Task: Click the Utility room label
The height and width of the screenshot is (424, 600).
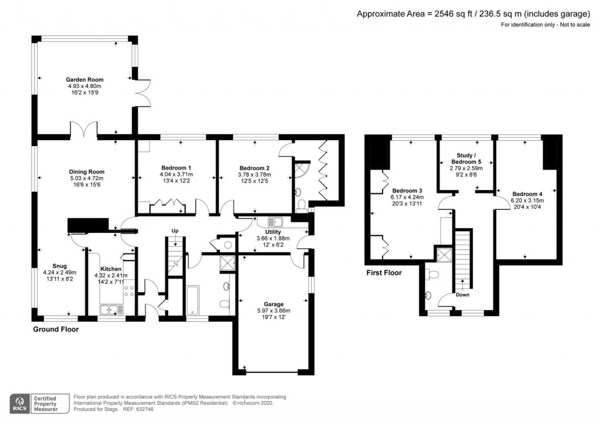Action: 273,232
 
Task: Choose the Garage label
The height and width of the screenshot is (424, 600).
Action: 273,304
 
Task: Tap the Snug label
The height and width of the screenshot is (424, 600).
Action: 60,266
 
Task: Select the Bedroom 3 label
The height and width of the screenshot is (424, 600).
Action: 407,191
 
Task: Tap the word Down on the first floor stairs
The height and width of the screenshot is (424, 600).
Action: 463,295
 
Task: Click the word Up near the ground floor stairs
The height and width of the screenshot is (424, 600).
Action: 175,230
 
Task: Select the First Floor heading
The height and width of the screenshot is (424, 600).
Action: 384,273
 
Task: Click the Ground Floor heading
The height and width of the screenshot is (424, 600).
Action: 55,330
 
